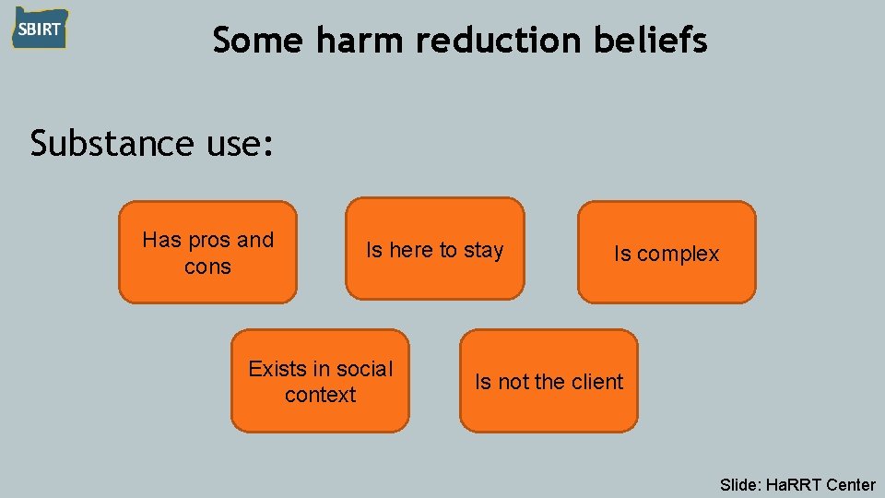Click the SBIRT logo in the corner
point(40,29)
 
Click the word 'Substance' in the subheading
point(110,144)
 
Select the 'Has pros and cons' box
point(208,253)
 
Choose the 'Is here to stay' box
point(435,250)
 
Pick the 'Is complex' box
point(667,254)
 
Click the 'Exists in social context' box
point(320,382)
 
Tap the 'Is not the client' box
point(549,382)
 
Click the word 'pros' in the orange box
point(209,241)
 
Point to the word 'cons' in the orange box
point(207,267)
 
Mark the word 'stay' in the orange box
point(483,251)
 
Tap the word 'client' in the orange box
point(596,382)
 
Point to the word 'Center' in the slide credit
point(851,484)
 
